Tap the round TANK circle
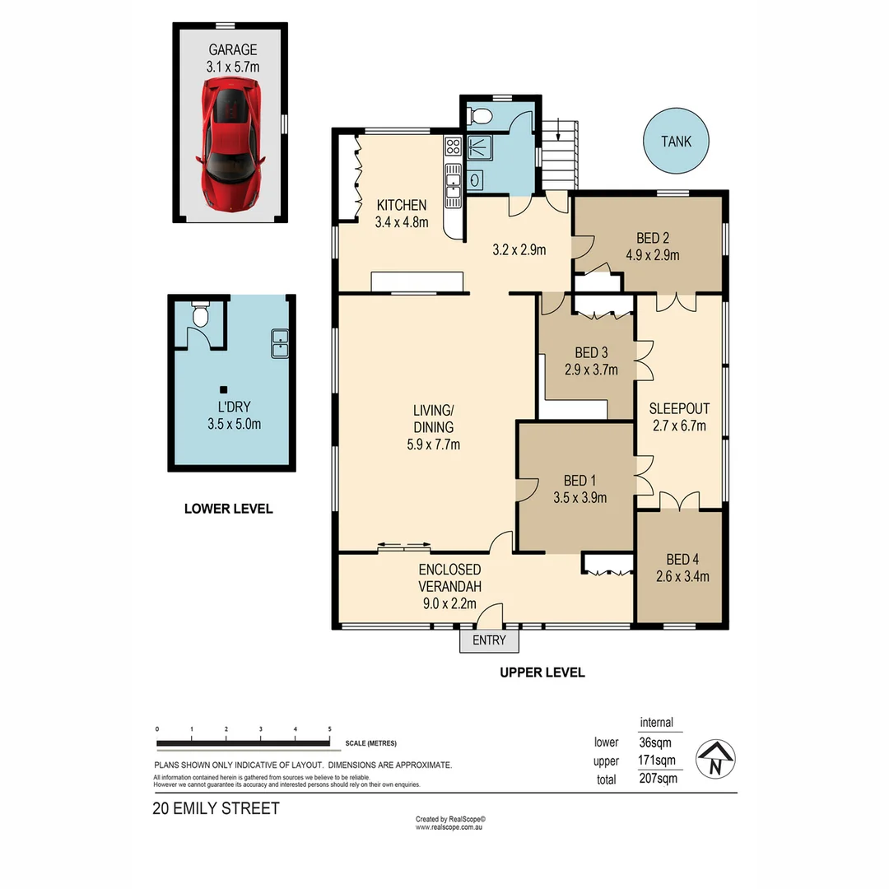pyautogui.click(x=676, y=142)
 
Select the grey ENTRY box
pyautogui.click(x=488, y=640)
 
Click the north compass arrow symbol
pyautogui.click(x=715, y=757)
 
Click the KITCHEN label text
pyautogui.click(x=402, y=205)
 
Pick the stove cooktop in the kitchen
pyautogui.click(x=453, y=147)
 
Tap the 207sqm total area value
pyautogui.click(x=658, y=778)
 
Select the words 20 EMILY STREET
pyautogui.click(x=216, y=808)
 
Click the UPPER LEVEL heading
pyautogui.click(x=542, y=673)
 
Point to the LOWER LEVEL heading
pyautogui.click(x=228, y=509)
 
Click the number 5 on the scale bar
pyautogui.click(x=330, y=729)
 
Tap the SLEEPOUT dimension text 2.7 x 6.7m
pyautogui.click(x=679, y=426)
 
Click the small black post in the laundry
pyautogui.click(x=223, y=389)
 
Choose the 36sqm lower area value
pyautogui.click(x=656, y=742)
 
